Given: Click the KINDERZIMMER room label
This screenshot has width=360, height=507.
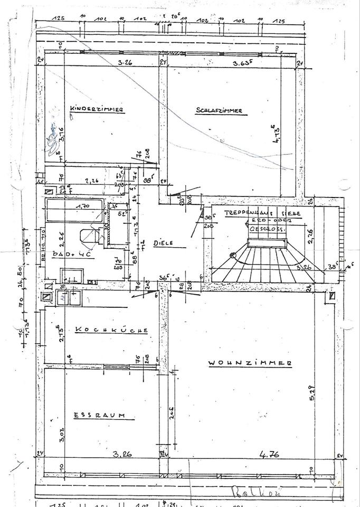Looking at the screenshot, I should tap(97, 109).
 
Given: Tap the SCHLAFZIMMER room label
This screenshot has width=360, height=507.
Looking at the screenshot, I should tap(219, 110).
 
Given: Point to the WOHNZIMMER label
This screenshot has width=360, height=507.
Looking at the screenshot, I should tap(250, 363).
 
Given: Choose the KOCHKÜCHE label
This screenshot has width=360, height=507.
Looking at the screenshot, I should tap(111, 330).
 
